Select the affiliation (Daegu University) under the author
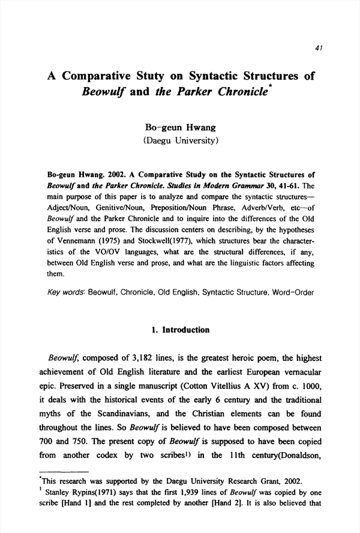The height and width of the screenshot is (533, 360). point(180,141)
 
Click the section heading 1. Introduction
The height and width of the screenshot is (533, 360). point(179,330)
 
